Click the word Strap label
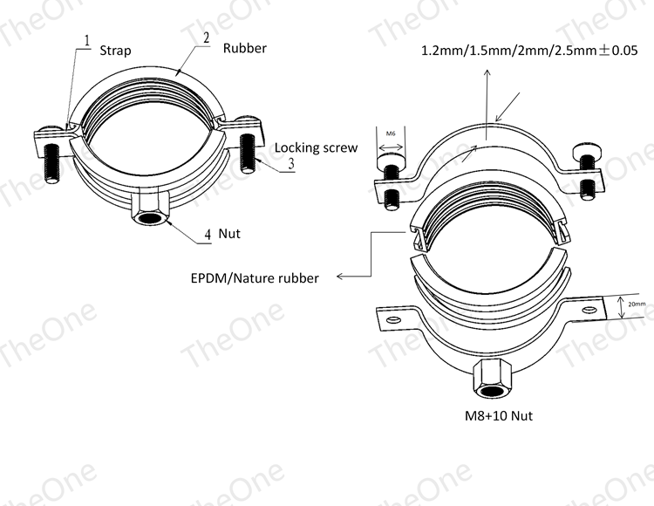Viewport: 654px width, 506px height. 115,51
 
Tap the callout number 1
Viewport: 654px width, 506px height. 87,41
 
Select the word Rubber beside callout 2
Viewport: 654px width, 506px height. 245,48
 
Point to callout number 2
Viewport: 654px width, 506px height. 206,38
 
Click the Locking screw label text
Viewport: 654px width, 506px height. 317,147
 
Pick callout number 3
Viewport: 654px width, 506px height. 291,163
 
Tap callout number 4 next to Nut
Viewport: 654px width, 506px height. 208,235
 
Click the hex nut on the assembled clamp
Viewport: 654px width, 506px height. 151,209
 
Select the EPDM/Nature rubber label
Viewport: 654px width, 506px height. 255,278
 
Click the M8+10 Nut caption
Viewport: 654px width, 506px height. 499,416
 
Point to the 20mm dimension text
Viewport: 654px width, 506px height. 637,304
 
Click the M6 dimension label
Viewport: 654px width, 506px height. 391,133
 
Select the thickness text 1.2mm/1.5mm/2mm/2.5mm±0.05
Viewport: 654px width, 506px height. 529,51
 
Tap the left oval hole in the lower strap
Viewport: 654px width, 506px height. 393,319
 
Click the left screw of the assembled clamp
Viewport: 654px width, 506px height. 51,163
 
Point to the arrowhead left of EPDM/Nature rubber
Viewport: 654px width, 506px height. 339,276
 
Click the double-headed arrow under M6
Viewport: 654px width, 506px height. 391,147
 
